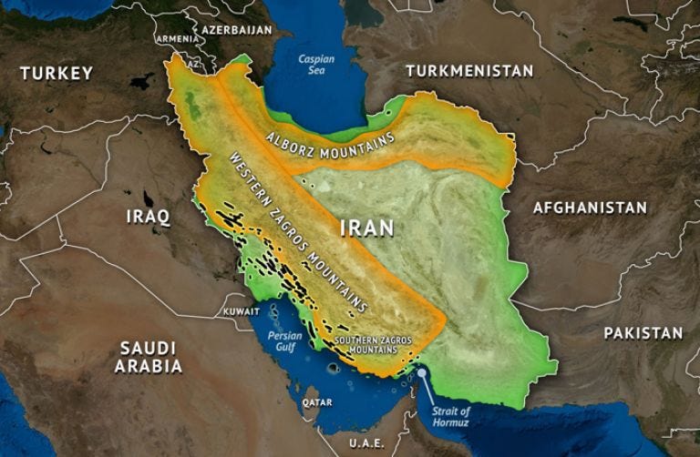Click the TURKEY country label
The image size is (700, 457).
pos(57,73)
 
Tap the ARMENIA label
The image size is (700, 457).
pos(176,39)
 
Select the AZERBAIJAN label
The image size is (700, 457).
pos(237,30)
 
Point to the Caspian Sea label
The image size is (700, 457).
pos(316,66)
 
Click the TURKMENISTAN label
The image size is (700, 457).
pos(468,70)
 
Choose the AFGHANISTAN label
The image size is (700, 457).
pos(590,208)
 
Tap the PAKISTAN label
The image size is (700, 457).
pos(643,333)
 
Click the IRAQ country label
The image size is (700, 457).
pos(148,217)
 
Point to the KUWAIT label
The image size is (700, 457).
pos(242,311)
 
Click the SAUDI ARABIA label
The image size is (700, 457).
pos(148,357)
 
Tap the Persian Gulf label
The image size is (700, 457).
pos(284,340)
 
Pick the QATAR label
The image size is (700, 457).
pos(317,401)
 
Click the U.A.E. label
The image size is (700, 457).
pos(365,442)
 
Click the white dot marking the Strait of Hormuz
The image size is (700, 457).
pos(421,372)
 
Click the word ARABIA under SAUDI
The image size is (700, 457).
pos(148,366)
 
